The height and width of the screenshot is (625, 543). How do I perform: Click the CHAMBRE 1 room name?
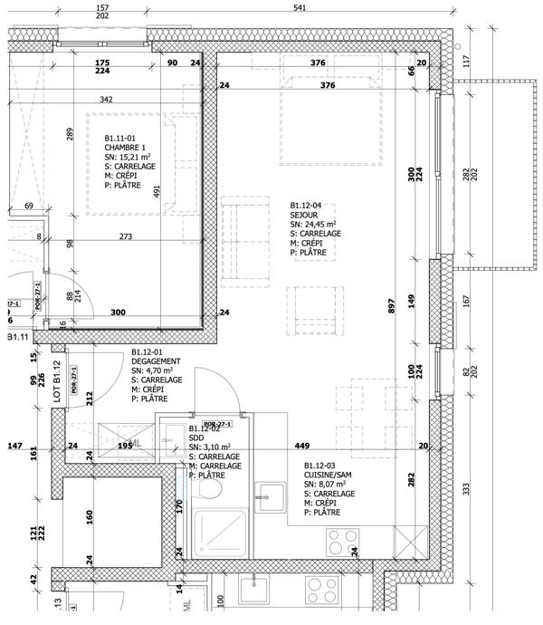(125, 148)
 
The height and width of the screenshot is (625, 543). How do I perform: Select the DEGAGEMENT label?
(158, 360)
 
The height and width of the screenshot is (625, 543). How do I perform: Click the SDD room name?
(196, 437)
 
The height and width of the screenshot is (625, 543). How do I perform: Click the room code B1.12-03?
(324, 466)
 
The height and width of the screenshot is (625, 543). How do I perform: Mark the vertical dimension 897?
(391, 306)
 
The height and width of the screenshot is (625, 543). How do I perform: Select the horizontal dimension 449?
(304, 445)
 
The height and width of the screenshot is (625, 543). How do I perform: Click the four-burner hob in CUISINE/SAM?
(343, 542)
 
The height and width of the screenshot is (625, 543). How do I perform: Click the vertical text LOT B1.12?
(56, 381)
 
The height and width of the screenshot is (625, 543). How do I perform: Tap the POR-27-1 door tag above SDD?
(216, 423)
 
